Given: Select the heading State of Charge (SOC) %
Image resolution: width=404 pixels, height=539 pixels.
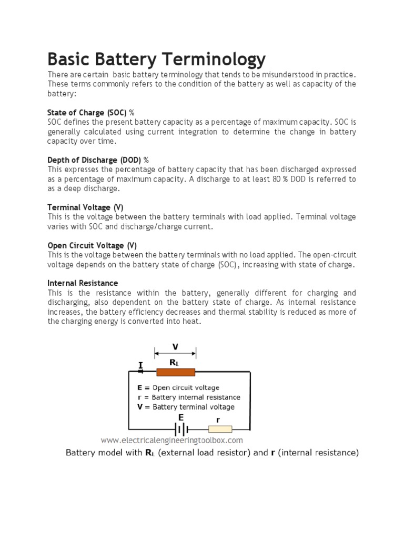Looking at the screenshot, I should (x=91, y=113).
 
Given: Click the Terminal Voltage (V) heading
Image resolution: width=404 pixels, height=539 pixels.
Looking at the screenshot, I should (x=85, y=207).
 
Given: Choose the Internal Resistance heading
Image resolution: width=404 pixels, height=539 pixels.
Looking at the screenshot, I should (x=83, y=283).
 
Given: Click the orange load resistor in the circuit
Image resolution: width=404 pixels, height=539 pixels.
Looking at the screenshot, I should (x=175, y=373).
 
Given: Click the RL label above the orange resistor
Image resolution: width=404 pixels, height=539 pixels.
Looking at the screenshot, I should (x=174, y=363).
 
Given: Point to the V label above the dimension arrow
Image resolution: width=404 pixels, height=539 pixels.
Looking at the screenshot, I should (x=175, y=346).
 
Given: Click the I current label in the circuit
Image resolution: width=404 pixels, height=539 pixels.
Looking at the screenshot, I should (x=140, y=364).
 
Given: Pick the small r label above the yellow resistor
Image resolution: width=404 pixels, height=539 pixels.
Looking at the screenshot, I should (x=217, y=420).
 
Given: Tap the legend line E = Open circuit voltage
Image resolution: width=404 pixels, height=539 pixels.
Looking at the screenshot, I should (x=178, y=387).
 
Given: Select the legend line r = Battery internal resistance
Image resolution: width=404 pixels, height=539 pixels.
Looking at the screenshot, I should (x=189, y=397).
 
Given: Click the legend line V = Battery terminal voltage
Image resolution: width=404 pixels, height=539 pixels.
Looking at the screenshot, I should (x=186, y=407).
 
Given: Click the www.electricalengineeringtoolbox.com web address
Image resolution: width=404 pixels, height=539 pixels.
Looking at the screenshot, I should (x=171, y=440).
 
